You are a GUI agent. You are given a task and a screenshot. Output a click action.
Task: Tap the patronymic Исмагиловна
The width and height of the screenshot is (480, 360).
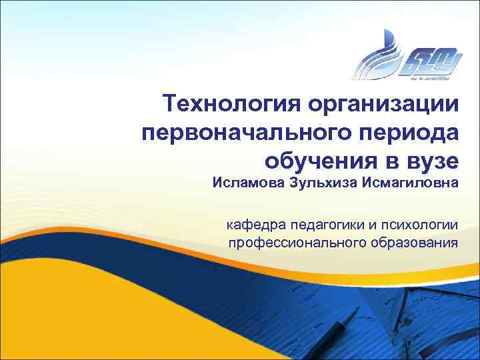click(x=410, y=182)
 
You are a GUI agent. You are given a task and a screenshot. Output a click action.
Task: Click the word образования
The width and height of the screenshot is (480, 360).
click(x=415, y=241)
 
